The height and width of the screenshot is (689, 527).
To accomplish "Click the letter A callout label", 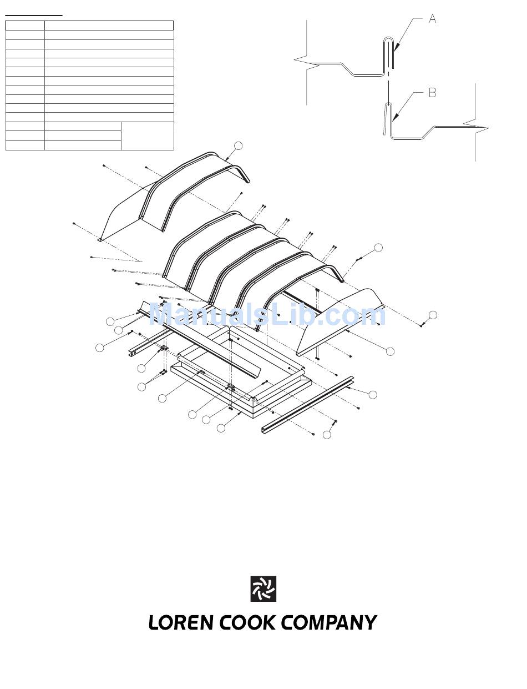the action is (432, 19).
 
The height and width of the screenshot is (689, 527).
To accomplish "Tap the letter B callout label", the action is (432, 93).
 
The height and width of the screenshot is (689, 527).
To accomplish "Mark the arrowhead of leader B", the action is (394, 118).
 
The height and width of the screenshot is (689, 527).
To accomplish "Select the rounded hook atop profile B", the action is (388, 104).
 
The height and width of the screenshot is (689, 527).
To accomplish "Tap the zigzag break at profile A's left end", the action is (306, 63).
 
